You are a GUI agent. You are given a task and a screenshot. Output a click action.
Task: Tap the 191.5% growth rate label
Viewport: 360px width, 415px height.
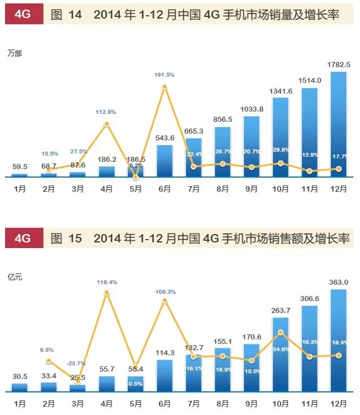tap(164, 75)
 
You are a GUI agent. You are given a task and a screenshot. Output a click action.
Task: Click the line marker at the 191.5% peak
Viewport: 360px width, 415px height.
tap(165, 87)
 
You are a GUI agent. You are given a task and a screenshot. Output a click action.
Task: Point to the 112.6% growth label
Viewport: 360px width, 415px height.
tap(106, 112)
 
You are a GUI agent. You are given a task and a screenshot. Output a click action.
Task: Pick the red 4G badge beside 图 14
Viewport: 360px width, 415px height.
tap(23, 14)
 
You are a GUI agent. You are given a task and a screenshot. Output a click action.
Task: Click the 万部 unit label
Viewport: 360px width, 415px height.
tap(15, 54)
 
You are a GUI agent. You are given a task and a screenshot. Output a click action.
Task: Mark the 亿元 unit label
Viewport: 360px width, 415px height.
tap(15, 277)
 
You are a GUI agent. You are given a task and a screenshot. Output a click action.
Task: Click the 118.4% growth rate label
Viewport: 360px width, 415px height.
tap(106, 282)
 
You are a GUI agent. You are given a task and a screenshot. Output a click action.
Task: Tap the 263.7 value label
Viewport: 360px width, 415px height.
tap(281, 310)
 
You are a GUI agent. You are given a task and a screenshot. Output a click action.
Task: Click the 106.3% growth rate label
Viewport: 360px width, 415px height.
tap(164, 292)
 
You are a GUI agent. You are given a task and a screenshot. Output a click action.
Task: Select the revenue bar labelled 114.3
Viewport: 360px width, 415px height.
tap(165, 375)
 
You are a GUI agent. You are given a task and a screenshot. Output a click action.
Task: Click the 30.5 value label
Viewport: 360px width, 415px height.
tap(20, 377)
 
